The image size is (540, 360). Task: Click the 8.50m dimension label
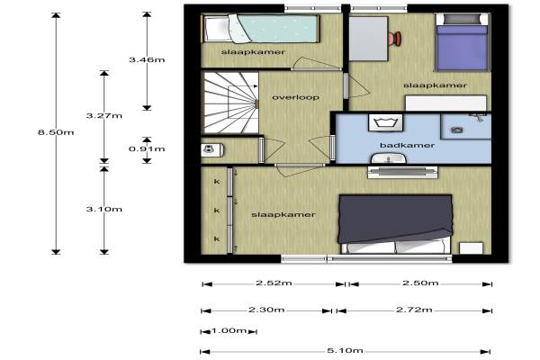tap(56, 132)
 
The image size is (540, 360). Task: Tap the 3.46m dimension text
tap(147, 59)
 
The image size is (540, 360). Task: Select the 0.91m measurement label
tap(147, 148)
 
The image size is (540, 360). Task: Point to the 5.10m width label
tap(345, 350)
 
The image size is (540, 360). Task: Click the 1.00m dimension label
tap(229, 330)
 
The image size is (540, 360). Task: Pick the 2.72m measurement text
tap(414, 310)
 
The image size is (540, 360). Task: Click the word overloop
tap(296, 97)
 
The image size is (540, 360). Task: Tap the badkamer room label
tap(407, 145)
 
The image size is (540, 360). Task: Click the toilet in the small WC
tap(211, 150)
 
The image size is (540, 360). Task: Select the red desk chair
tap(395, 38)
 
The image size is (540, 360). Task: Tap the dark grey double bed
tap(395, 224)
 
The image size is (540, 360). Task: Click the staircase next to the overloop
tap(230, 103)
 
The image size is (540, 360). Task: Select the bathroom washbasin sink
tap(389, 158)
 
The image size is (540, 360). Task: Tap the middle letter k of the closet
tap(217, 210)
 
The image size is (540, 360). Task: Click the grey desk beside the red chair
tap(368, 39)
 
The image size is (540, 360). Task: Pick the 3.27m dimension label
tap(104, 115)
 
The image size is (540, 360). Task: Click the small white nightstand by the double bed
tap(471, 248)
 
